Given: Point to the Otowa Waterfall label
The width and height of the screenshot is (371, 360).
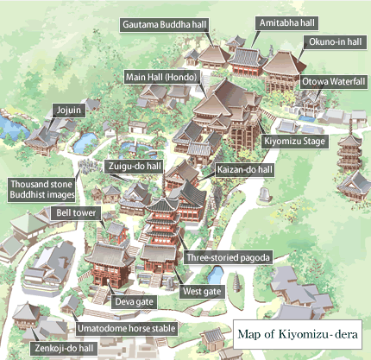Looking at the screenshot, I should tap(333, 81).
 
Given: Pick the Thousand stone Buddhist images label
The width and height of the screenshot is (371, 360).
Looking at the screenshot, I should tap(41, 189).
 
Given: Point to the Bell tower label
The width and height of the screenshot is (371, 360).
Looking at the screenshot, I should tap(76, 212).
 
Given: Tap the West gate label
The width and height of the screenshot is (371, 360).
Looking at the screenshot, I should tap(202, 292).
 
